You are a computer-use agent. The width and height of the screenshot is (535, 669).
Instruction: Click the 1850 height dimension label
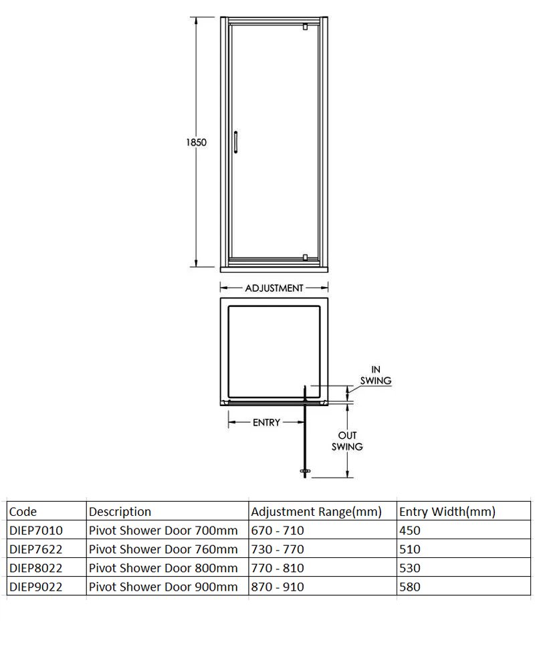(196, 142)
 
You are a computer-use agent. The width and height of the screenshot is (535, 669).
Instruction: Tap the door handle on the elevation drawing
(236, 142)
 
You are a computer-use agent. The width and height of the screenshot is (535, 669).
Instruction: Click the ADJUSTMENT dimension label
(274, 288)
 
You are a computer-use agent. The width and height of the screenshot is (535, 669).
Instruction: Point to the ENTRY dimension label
(265, 423)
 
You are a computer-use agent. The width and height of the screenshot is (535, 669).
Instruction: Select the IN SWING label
(375, 375)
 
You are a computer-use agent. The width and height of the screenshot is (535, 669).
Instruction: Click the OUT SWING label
(347, 441)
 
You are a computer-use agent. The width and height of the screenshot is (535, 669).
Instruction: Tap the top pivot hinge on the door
(305, 27)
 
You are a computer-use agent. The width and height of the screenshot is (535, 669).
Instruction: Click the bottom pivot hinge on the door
(305, 257)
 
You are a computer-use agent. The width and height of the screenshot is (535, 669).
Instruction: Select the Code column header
(23, 512)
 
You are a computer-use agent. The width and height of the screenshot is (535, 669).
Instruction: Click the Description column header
(120, 512)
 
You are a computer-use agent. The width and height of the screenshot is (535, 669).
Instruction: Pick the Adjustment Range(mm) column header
(316, 512)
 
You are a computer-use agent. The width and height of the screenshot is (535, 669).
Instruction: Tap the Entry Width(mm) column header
(447, 512)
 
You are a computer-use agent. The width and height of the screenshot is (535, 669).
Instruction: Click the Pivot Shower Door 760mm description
(163, 549)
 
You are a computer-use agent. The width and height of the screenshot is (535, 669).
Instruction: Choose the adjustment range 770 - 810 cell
(277, 568)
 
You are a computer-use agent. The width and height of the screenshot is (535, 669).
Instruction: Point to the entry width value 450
(409, 531)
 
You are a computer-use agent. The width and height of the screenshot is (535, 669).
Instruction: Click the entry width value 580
(409, 587)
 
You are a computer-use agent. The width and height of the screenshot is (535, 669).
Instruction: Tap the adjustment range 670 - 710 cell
(277, 531)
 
